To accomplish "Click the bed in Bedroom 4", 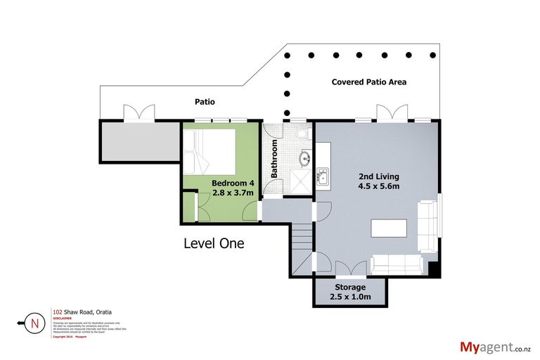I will pos(209,149).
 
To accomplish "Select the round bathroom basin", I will pos(305,159).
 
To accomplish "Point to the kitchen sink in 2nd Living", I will pos(323,175).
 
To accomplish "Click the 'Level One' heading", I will pos(213,244).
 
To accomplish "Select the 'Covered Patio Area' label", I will pos(368,82).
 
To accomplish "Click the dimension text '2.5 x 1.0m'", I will pos(349,297).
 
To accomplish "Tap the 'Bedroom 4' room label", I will pos(233,184).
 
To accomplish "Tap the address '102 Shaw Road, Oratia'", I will pos(82,311).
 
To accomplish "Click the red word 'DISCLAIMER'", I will pos(62,317).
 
